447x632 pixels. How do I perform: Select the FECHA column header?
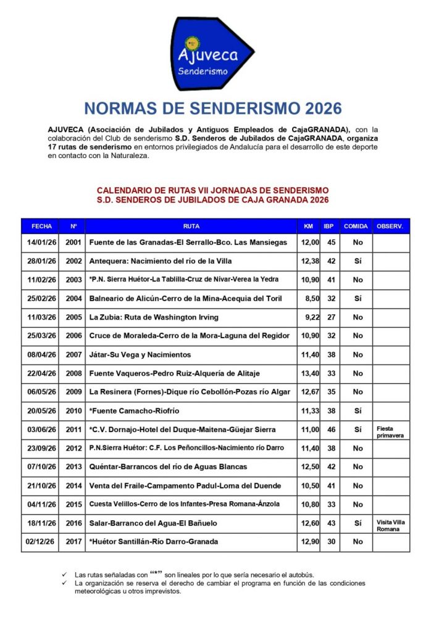[42, 227]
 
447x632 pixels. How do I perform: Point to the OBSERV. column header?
[390, 227]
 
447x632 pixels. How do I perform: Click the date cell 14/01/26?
[42, 243]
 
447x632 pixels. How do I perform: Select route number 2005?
[73, 317]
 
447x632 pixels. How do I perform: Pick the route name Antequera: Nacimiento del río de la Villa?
[161, 261]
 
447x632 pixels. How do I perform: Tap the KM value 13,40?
[310, 373]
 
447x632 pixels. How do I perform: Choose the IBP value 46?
[331, 430]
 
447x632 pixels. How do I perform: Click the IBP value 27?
[331, 317]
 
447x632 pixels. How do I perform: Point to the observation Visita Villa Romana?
[390, 525]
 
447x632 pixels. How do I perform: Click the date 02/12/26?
[42, 542]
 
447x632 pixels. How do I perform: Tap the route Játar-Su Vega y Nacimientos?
[140, 355]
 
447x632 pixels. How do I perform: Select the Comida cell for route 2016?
[357, 523]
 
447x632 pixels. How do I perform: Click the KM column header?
[309, 227]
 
